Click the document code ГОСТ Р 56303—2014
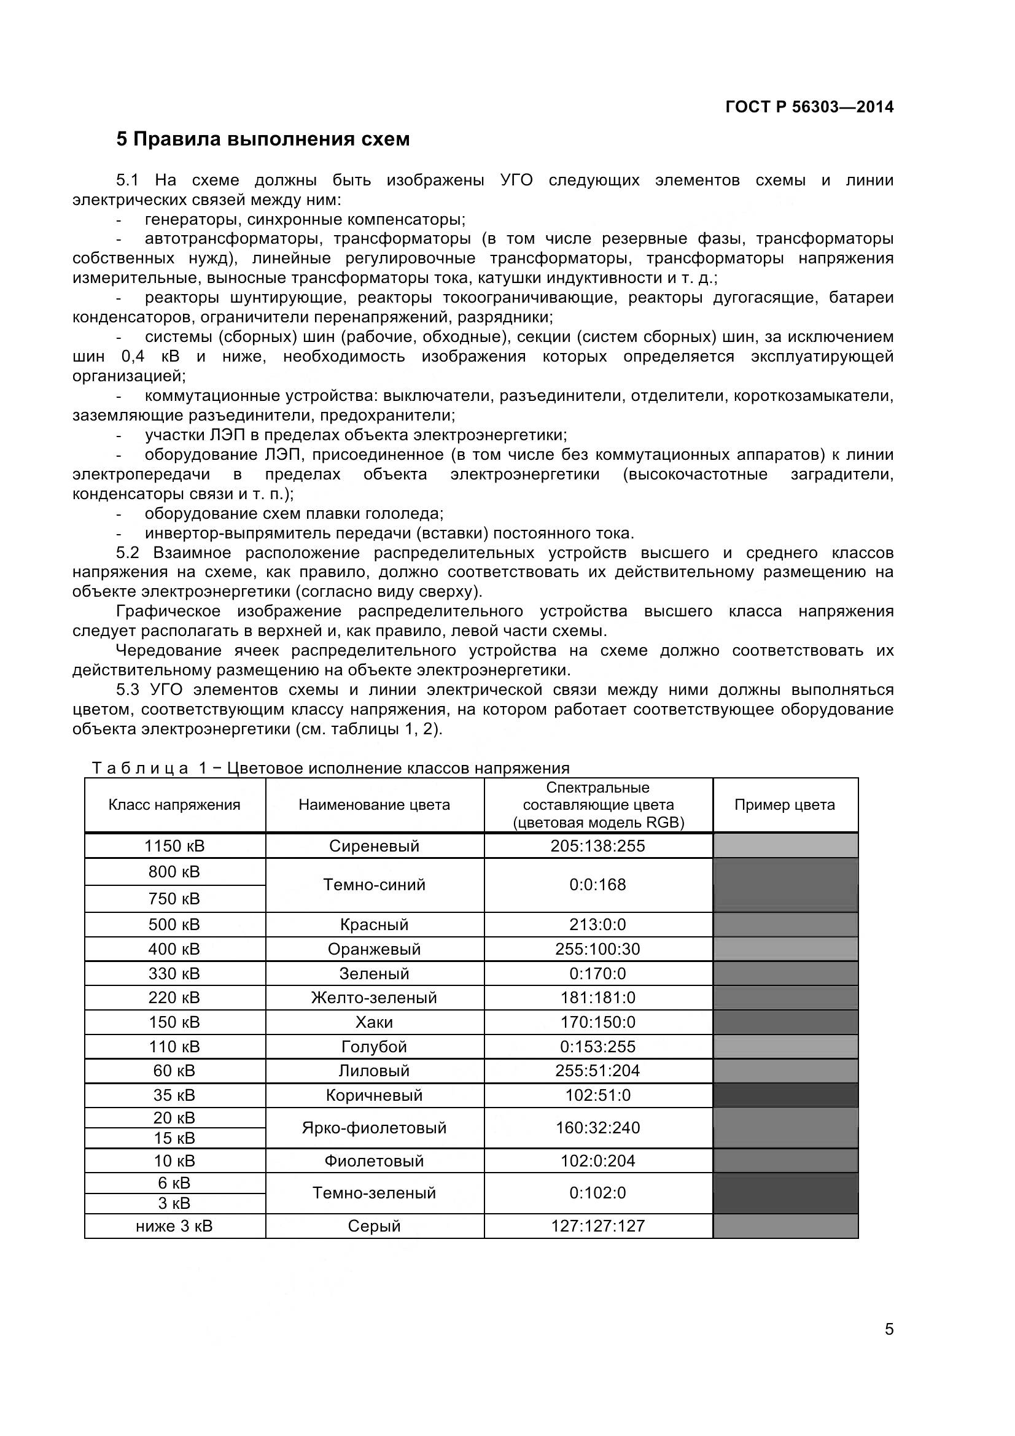point(809,107)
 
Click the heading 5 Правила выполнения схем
point(263,139)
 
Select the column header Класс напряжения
point(174,805)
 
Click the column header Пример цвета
point(784,805)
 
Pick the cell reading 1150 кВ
point(174,845)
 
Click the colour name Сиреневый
point(374,845)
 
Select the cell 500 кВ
point(174,925)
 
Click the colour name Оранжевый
point(374,949)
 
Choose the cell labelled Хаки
point(374,1022)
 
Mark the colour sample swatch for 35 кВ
point(785,1095)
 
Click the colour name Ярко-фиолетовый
point(374,1128)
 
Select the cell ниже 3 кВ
point(174,1225)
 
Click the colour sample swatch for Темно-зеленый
point(785,1193)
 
